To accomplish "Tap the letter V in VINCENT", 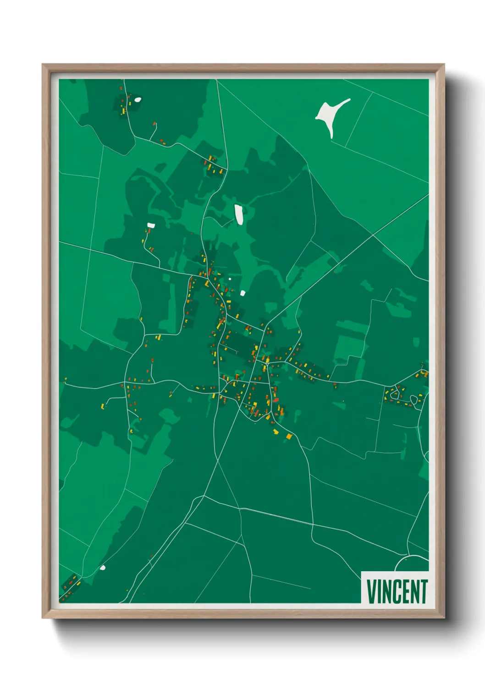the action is tap(371, 591).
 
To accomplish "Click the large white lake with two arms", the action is tap(331, 116).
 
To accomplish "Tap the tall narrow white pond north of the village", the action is tap(239, 214).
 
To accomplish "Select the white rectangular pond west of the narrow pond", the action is tap(151, 225).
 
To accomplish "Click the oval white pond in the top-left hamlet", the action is tap(138, 99).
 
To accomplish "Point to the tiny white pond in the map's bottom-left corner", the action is tap(103, 568).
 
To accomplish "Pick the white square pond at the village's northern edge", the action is tap(242, 293).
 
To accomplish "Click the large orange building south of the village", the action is tap(289, 436).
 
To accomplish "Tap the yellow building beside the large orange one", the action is tap(276, 432).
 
